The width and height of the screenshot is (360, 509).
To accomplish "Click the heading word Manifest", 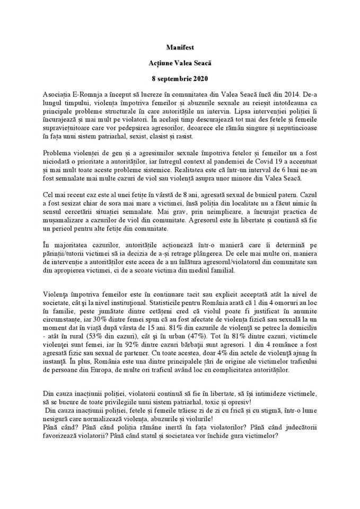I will click(x=180, y=48).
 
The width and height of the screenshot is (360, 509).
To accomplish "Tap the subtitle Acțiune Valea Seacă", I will click(x=180, y=63).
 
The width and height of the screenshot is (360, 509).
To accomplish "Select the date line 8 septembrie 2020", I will click(x=180, y=78).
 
